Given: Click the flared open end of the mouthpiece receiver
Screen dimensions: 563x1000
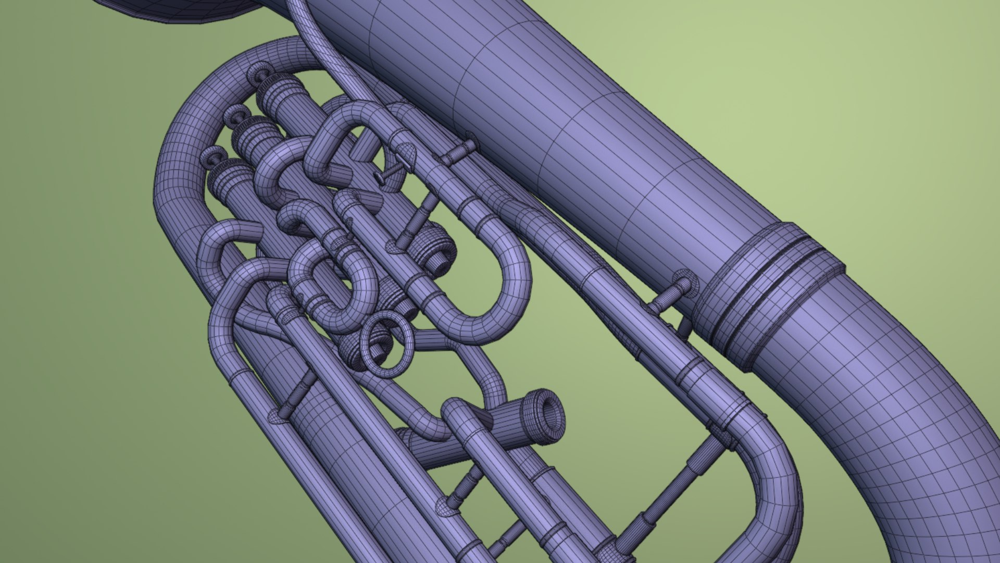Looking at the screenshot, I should pos(547,418).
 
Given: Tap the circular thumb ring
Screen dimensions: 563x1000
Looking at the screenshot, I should pos(388,344).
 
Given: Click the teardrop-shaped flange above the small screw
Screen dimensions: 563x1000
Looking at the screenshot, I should pos(406,153).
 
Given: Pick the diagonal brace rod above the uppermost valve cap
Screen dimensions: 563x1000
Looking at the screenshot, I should pos(417,219).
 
